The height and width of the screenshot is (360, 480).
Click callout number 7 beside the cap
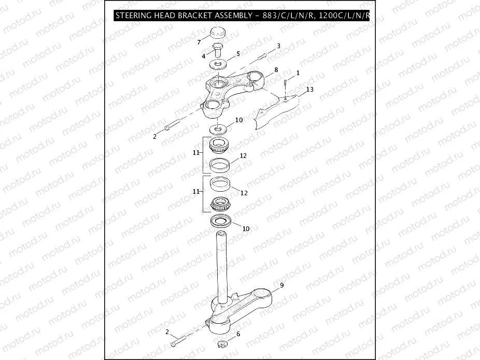tap(199, 41)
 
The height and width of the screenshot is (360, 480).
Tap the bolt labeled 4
tap(218, 51)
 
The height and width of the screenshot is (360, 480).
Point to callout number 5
tap(238, 53)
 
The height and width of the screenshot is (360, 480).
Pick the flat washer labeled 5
tap(218, 65)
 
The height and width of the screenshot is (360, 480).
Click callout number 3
tap(278, 46)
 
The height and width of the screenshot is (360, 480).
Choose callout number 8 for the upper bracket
tap(276, 69)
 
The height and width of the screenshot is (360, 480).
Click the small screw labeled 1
tap(285, 83)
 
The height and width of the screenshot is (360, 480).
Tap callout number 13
tap(309, 90)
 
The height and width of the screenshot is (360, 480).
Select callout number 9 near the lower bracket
tap(281, 285)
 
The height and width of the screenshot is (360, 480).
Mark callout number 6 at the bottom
tap(238, 334)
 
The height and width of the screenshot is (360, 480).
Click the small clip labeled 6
tap(221, 344)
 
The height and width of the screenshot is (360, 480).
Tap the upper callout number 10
tap(238, 120)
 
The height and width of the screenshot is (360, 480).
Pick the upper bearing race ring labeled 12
tap(219, 166)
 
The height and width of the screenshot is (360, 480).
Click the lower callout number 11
tap(196, 191)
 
